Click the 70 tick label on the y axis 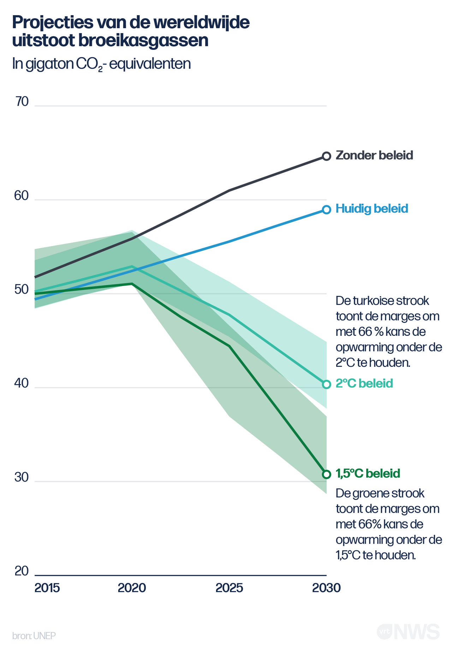pyautogui.click(x=22, y=102)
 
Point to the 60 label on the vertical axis pyautogui.click(x=21, y=196)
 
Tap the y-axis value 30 pyautogui.click(x=21, y=477)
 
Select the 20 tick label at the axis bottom pyautogui.click(x=21, y=571)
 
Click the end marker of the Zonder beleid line pyautogui.click(x=327, y=156)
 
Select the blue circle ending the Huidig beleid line pyautogui.click(x=327, y=210)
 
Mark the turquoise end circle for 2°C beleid pyautogui.click(x=327, y=384)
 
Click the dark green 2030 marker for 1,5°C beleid pyautogui.click(x=327, y=474)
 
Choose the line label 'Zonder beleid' pyautogui.click(x=374, y=155)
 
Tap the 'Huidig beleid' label pyautogui.click(x=372, y=209)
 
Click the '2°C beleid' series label pyautogui.click(x=364, y=383)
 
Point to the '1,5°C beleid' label pyautogui.click(x=368, y=473)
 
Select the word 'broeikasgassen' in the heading pyautogui.click(x=143, y=41)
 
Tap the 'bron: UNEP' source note pyautogui.click(x=34, y=636)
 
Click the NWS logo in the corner pyautogui.click(x=417, y=632)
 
